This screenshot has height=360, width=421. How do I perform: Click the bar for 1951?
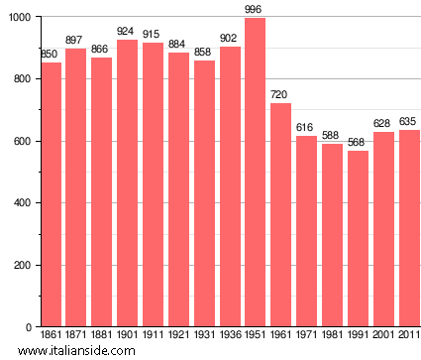pos(256,173)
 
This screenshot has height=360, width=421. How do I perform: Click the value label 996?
pos(256,10)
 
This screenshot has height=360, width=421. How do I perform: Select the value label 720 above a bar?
pos(280,95)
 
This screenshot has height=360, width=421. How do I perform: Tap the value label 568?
pos(358,142)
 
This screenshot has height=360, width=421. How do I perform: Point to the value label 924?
pos(126,32)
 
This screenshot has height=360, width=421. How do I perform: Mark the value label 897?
pos(75,41)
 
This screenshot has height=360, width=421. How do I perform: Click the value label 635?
pos(409,122)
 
